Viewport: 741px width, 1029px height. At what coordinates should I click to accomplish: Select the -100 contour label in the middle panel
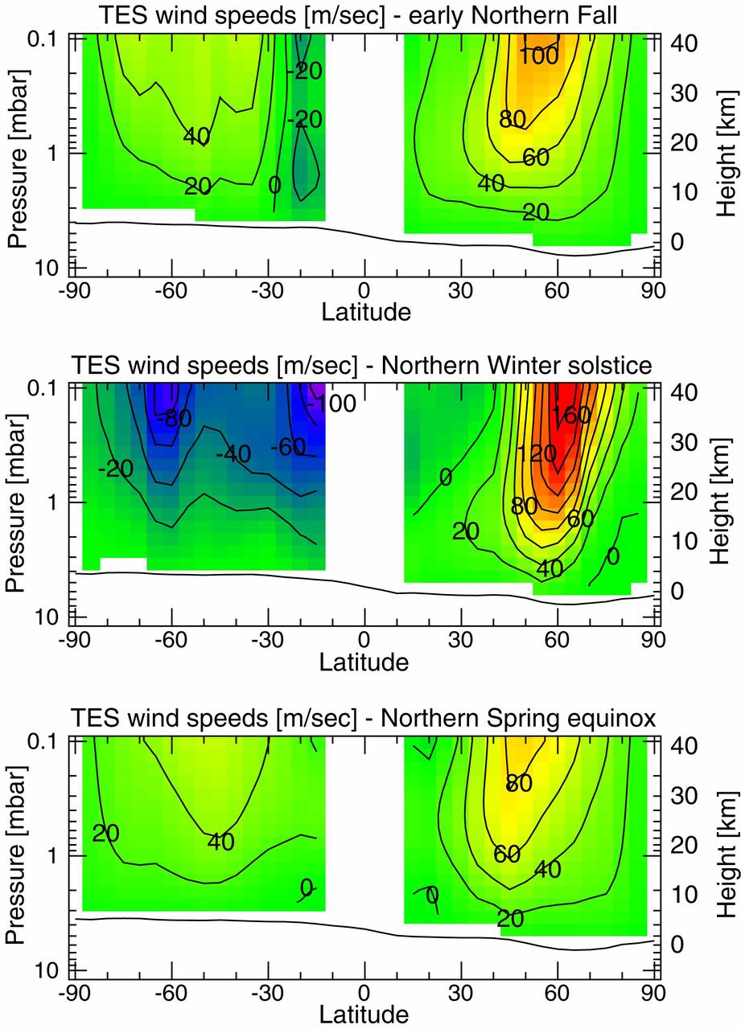tap(331, 404)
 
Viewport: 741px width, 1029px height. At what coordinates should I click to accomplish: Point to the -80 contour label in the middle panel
tap(174, 419)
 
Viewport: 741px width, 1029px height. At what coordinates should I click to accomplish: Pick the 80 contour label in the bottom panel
tap(519, 783)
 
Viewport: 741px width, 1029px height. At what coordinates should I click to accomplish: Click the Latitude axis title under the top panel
tap(366, 312)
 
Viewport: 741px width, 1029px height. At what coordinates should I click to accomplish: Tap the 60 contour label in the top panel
tap(535, 157)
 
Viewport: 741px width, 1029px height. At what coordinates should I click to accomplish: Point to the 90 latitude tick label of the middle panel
tap(652, 642)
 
